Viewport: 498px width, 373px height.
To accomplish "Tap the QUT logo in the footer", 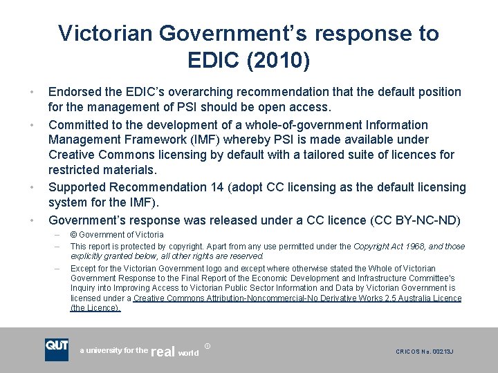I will [57, 350].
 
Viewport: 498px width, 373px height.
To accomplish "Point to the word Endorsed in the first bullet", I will [75, 92].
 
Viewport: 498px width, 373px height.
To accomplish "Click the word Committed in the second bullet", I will [78, 125].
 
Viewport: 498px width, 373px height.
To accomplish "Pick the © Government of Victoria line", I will [117, 235].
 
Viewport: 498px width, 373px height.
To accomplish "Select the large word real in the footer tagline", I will [163, 352].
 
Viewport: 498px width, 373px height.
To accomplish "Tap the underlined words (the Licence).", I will [95, 308].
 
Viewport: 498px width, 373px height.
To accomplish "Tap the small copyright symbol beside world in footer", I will [208, 345].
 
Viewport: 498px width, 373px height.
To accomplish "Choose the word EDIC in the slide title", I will [210, 61].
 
